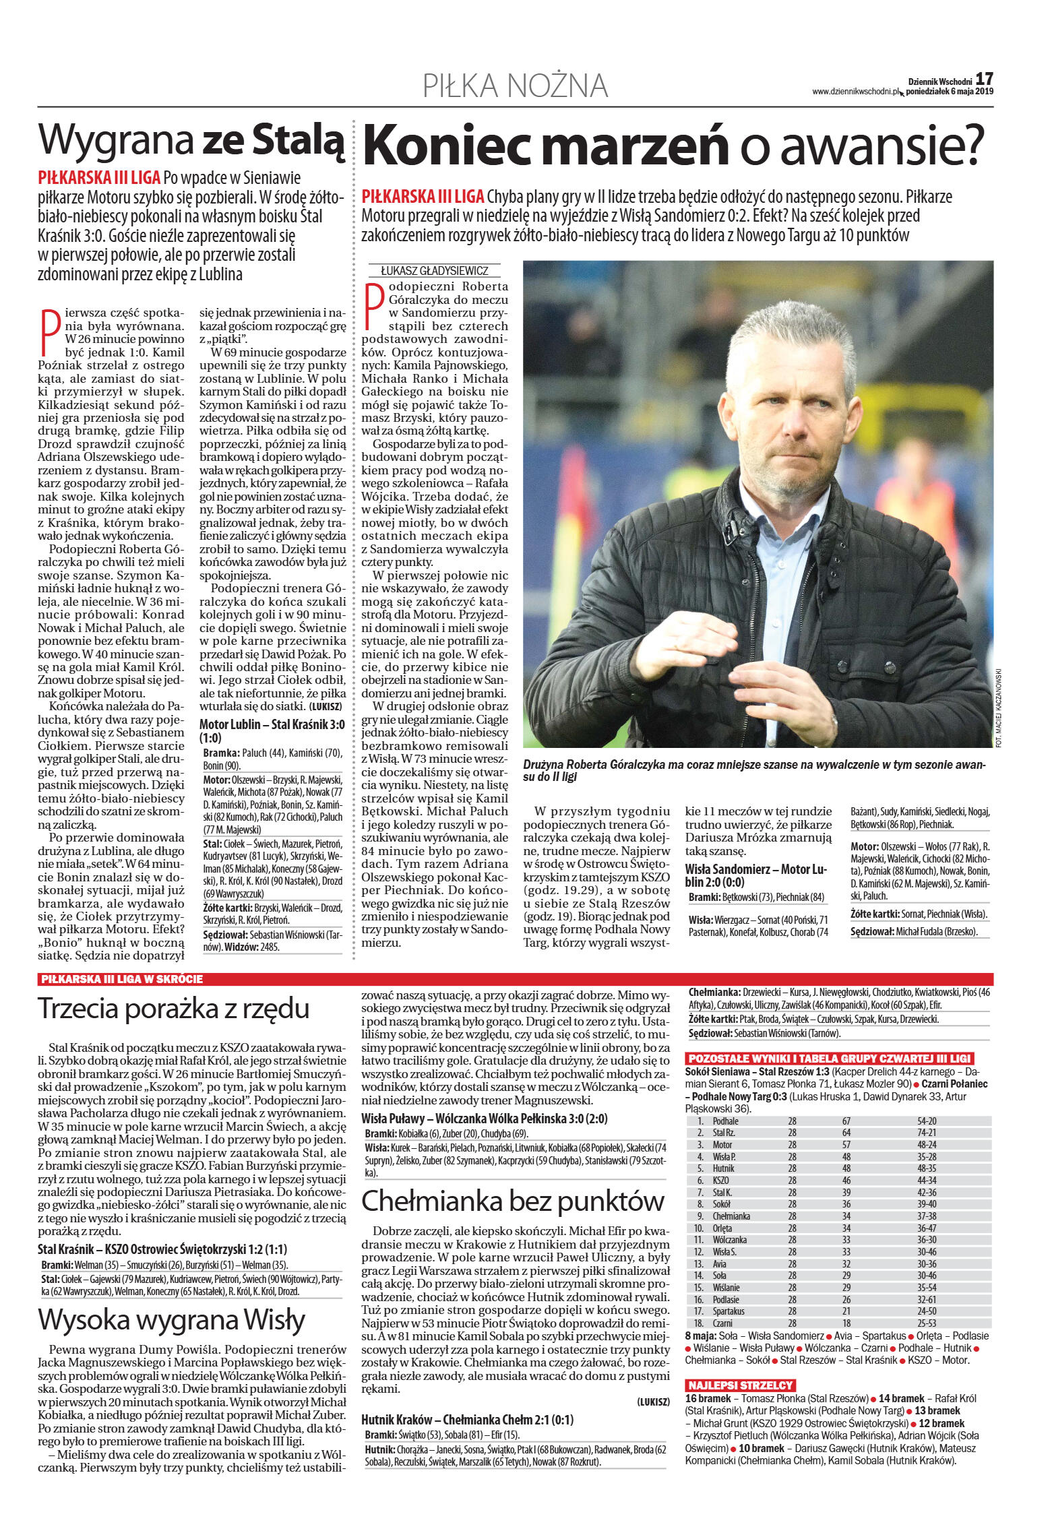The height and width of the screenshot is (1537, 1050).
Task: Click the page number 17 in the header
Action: (x=984, y=79)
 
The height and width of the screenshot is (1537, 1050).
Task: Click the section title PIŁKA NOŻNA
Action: (x=516, y=86)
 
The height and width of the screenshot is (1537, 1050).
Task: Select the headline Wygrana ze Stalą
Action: (x=191, y=140)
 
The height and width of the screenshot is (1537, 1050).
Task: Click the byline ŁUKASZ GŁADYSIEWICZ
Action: (x=434, y=271)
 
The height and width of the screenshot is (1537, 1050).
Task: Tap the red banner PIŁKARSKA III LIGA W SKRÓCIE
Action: (x=122, y=979)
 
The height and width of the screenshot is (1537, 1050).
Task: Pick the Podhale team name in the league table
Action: (x=725, y=1121)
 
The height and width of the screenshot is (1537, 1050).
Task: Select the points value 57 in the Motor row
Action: (x=846, y=1145)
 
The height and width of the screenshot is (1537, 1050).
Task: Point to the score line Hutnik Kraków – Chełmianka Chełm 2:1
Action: (x=467, y=1420)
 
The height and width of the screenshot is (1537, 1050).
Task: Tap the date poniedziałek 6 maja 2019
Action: (x=950, y=92)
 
